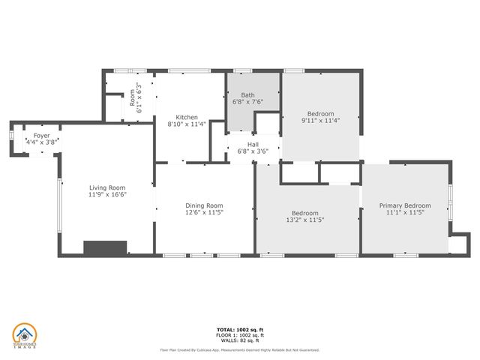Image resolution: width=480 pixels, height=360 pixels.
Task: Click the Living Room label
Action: (107, 187)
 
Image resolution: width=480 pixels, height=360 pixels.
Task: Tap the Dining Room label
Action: (205, 205)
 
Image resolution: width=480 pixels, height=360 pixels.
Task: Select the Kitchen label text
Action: (187, 117)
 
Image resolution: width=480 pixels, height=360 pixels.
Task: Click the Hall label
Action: (253, 143)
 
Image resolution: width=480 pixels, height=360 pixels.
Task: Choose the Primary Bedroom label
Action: (405, 205)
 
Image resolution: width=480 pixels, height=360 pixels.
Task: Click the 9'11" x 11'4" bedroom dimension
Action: (320, 120)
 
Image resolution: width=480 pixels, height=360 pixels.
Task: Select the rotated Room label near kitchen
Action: (132, 97)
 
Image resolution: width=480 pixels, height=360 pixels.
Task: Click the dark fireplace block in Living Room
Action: (105, 249)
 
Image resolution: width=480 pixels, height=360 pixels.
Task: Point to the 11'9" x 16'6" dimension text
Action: (107, 195)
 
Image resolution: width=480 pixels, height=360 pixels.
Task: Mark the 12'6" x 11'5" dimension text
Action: (205, 212)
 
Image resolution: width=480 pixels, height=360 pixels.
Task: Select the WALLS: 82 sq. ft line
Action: (239, 340)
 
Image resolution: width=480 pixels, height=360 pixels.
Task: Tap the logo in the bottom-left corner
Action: (24, 336)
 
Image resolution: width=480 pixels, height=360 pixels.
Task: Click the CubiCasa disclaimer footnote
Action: (239, 349)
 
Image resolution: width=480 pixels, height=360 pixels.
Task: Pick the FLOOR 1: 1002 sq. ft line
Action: (239, 335)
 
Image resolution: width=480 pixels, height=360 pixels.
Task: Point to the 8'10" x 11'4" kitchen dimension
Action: (187, 124)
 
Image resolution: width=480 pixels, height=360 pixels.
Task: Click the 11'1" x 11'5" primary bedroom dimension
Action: (405, 212)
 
